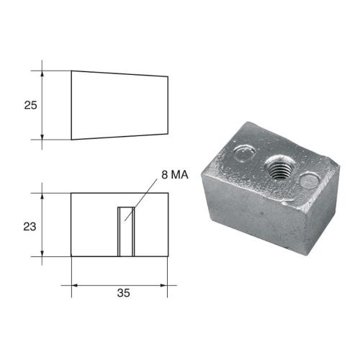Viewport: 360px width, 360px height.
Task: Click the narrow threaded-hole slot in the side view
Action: (126, 230)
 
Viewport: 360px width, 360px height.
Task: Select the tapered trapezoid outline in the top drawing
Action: (119, 104)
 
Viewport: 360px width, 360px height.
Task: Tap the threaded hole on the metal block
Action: (276, 168)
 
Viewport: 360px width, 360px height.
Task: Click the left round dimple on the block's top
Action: (245, 153)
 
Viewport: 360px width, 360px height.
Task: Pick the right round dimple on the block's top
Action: (309, 180)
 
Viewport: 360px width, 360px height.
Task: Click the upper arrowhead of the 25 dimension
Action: (44, 73)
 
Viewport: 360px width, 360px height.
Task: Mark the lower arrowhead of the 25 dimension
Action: (44, 136)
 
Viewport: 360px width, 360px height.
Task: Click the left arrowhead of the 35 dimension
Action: (75, 285)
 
